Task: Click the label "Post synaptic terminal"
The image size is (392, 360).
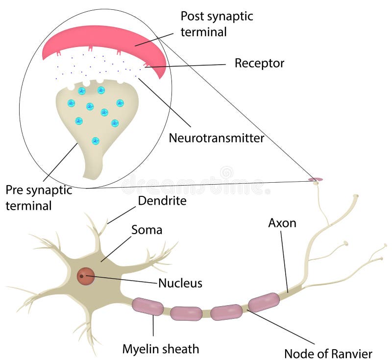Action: [217, 24]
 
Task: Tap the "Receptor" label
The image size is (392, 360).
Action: [259, 63]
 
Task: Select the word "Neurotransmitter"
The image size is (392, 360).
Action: [216, 138]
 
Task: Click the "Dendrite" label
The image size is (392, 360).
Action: [162, 200]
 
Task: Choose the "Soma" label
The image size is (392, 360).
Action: [147, 229]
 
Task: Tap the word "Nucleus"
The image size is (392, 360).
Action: [180, 283]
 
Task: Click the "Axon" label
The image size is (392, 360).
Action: [282, 223]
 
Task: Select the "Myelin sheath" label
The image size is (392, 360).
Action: [161, 349]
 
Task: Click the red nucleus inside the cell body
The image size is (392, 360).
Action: [86, 277]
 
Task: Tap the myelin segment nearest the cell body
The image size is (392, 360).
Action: [147, 306]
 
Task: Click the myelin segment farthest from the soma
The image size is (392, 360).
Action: [264, 302]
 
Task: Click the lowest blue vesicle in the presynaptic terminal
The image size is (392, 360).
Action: [96, 141]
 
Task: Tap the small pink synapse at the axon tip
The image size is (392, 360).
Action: [315, 180]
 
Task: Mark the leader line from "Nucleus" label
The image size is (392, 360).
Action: [122, 280]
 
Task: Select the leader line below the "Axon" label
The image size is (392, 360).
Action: [284, 262]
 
